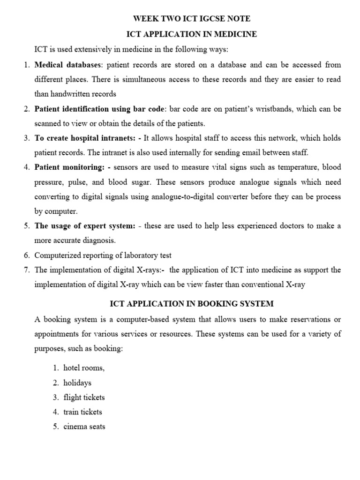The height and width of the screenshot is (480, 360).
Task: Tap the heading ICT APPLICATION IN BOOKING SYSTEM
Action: point(191,304)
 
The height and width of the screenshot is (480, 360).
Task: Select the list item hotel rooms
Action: point(84,368)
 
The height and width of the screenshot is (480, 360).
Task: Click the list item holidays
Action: point(77,383)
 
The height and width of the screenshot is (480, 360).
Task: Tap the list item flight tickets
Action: point(84,397)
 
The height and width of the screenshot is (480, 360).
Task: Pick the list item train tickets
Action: point(82,412)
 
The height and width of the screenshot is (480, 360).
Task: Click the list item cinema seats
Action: point(84,427)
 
